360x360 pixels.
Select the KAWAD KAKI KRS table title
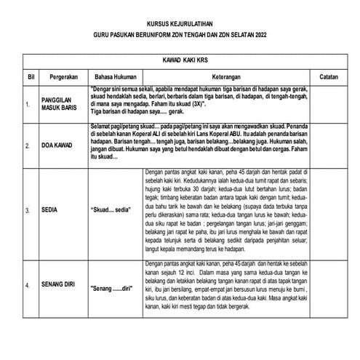(180, 61)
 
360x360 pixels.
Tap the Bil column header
(31, 76)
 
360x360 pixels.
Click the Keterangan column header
(222, 76)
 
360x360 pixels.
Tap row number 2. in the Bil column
(28, 145)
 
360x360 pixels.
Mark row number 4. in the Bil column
(28, 286)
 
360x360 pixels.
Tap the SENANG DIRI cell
(58, 286)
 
